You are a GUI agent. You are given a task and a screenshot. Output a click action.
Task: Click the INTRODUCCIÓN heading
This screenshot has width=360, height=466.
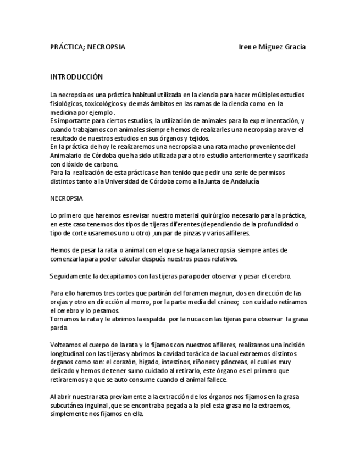tap(76, 77)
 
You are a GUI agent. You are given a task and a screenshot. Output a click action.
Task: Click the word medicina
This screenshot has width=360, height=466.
tap(64, 112)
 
